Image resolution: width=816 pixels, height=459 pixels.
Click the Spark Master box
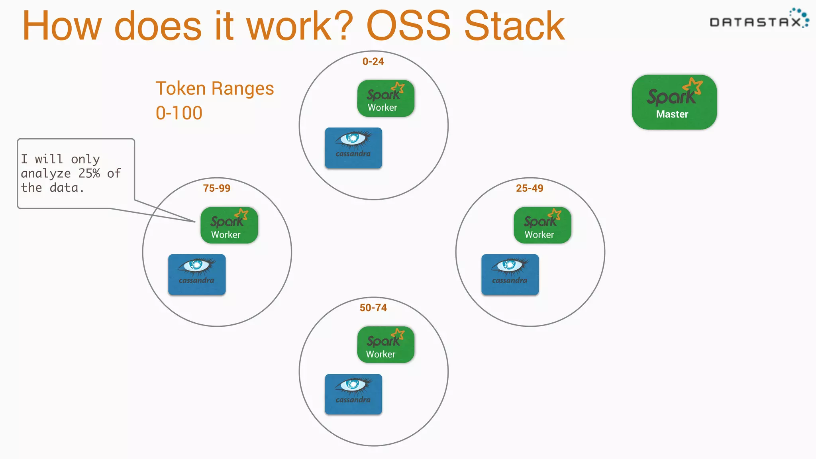pos(674,102)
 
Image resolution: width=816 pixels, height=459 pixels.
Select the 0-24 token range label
pos(373,62)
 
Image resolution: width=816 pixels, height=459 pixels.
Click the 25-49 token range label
pos(529,188)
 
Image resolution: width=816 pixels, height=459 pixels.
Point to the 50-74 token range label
pos(373,308)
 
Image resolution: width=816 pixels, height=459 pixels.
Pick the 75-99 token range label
pos(216,188)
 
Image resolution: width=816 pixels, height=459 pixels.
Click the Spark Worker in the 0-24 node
pos(385,98)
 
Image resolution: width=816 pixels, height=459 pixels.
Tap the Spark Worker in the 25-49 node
pos(542,225)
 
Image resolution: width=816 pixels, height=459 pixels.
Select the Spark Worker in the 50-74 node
pos(385,345)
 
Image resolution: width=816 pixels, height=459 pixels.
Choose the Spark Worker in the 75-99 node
pos(229,225)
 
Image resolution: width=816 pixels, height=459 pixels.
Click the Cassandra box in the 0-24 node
pos(353,148)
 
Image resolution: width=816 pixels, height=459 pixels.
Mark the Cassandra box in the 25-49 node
pos(510,275)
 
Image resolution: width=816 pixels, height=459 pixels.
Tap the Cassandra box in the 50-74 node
pos(353,394)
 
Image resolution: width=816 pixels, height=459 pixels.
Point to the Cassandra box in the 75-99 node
pos(196,275)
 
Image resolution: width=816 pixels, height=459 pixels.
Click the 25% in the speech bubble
pos(89,174)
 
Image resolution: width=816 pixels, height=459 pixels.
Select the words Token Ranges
pos(214,89)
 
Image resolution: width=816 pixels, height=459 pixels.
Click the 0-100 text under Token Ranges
pos(179,113)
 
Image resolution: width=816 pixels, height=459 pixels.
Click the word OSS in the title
pos(408,26)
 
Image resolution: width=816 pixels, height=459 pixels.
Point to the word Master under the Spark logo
pos(672,114)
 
